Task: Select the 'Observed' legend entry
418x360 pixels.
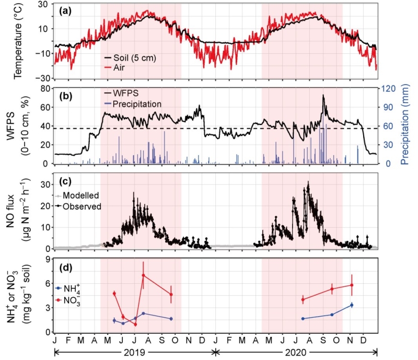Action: [82, 206]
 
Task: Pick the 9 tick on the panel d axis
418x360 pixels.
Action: [45, 259]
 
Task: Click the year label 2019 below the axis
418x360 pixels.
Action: [135, 353]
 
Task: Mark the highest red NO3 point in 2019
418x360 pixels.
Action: [143, 275]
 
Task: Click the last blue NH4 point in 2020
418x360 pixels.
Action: [352, 305]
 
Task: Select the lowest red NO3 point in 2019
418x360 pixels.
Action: [135, 324]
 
